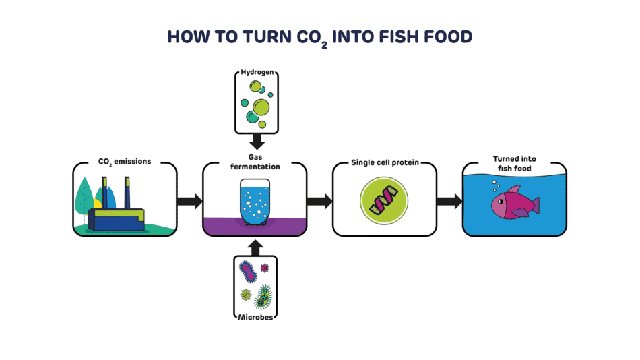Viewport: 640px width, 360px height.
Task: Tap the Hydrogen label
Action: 255,72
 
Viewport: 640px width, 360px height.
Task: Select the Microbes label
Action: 255,316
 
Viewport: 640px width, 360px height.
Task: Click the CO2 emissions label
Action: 125,162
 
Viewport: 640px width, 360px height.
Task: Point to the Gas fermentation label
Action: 255,162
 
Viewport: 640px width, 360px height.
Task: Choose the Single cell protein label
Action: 385,162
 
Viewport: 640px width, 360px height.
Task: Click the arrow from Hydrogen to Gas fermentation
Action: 255,142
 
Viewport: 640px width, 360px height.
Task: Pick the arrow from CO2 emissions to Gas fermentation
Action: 189,200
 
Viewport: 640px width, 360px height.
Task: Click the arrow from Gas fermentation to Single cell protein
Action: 319,200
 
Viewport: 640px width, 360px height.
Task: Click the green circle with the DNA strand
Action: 385,200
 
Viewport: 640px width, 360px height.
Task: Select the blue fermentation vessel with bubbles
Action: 255,200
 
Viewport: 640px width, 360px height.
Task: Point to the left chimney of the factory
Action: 104,191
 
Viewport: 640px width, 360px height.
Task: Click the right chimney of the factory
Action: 127,191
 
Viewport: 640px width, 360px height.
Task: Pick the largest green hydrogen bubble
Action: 260,106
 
